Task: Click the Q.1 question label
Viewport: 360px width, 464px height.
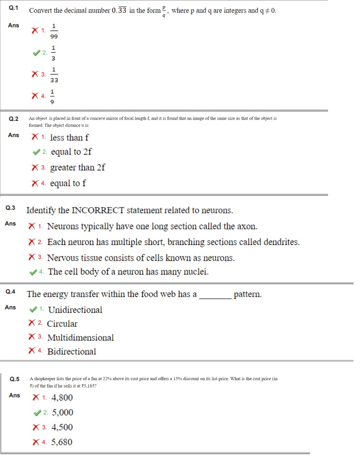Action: [x=13, y=9]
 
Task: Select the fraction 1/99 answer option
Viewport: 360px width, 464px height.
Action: [x=54, y=31]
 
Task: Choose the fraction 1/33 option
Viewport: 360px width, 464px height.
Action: [x=54, y=74]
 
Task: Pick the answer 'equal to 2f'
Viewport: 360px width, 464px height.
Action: [x=71, y=152]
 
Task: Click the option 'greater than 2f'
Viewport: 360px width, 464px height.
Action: [x=77, y=168]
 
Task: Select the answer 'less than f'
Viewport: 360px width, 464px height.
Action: [x=69, y=138]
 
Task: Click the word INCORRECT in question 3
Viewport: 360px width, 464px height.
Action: [x=98, y=210]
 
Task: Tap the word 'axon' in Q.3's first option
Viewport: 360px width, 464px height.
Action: [x=247, y=226]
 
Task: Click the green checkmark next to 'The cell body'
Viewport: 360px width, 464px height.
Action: [x=33, y=272]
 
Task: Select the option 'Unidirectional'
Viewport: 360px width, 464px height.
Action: [x=75, y=310]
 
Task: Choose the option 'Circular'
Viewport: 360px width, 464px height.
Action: [x=62, y=324]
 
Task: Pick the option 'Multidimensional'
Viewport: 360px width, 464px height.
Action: [x=81, y=338]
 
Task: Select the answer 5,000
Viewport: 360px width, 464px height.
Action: [x=62, y=412]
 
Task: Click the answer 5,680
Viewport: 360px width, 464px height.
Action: [x=62, y=442]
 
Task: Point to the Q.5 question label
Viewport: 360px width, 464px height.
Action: [x=15, y=379]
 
